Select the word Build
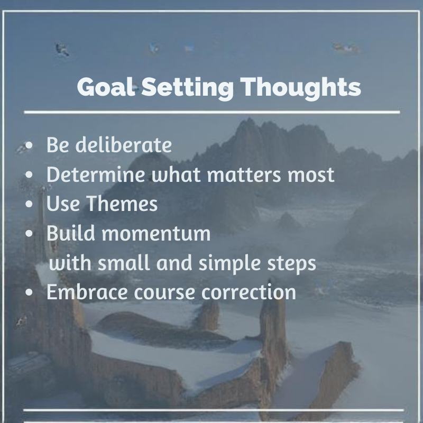67,233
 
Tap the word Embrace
83,291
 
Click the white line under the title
212,112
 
